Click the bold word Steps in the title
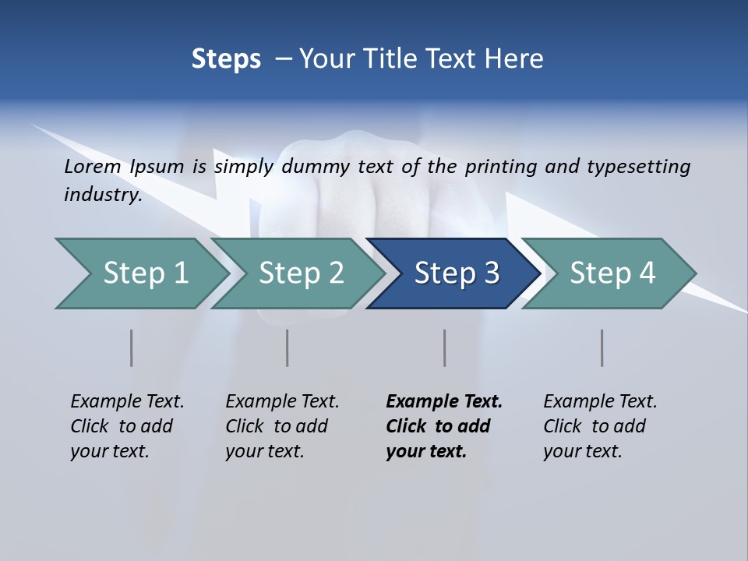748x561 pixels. click(226, 59)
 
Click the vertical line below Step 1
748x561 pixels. click(132, 348)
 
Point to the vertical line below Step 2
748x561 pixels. click(288, 348)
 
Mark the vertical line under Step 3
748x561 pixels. click(445, 348)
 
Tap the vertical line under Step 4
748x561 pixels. click(602, 348)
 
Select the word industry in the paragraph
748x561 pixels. click(102, 195)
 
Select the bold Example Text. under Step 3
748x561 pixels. click(444, 401)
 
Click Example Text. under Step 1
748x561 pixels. click(127, 401)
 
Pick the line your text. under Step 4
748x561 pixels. click(582, 451)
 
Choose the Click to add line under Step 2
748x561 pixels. click(277, 426)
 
